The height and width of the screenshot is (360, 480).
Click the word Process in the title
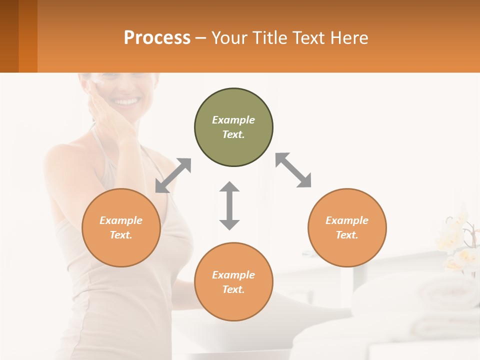[x=157, y=38]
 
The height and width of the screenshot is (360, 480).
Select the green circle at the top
[x=233, y=127]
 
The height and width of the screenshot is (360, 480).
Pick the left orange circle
[x=121, y=228]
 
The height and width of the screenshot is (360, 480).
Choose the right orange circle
[x=347, y=228]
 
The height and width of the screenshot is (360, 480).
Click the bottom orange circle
[x=233, y=282]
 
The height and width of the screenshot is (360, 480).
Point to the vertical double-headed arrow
[x=229, y=205]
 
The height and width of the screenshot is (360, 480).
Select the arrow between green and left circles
[x=173, y=175]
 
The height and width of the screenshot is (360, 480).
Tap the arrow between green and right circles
[x=293, y=170]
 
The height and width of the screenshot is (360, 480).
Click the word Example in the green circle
[x=233, y=120]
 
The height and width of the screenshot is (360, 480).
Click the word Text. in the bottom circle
[x=233, y=289]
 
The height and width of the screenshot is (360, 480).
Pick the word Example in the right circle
[x=347, y=220]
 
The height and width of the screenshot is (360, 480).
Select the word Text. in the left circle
[x=121, y=235]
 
